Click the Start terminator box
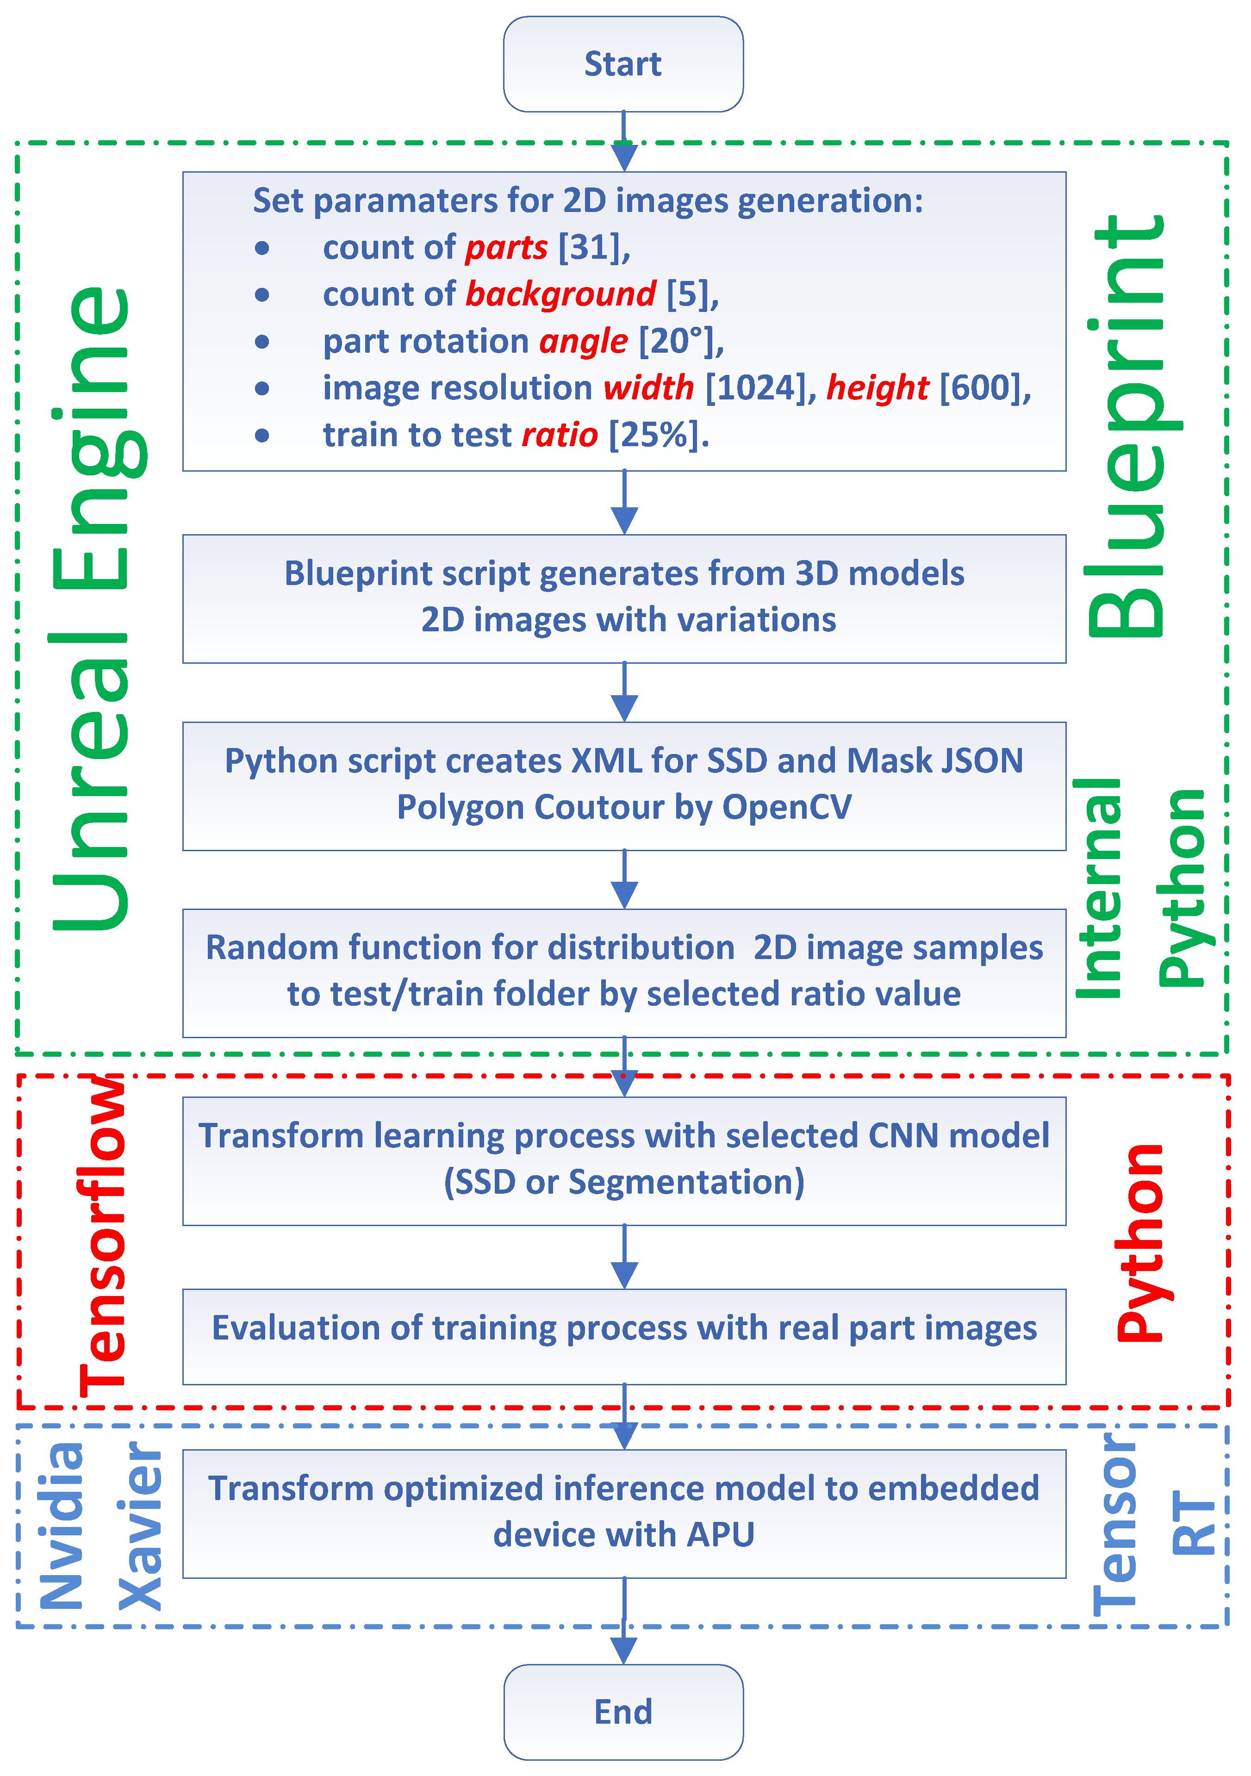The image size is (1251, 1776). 623,64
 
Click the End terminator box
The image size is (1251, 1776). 623,1711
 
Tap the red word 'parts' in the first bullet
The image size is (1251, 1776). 506,248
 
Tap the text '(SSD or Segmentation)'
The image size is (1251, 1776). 623,1183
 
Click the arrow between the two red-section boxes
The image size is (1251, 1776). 623,1257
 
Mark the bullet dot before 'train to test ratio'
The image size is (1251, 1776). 262,436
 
